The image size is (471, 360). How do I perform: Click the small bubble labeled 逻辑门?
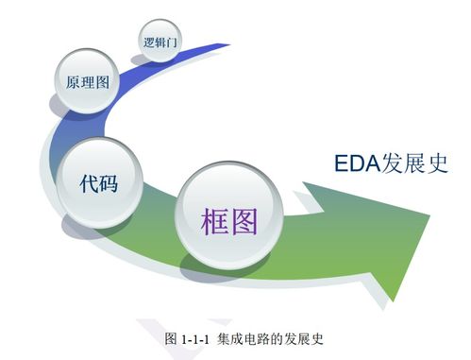pyautogui.click(x=160, y=43)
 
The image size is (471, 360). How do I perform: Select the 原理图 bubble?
pyautogui.click(x=88, y=82)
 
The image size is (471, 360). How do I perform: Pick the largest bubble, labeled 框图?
pyautogui.click(x=229, y=218)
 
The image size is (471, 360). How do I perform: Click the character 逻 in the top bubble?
pyautogui.click(x=149, y=43)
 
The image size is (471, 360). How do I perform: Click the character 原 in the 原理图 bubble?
pyautogui.click(x=73, y=82)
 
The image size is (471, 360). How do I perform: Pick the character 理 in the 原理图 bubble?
pyautogui.click(x=88, y=82)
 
